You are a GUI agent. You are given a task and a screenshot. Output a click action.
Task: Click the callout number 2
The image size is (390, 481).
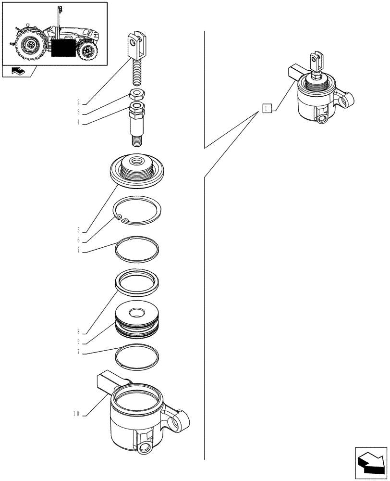(x=78, y=102)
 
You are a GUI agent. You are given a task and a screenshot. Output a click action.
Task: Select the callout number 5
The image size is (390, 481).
(x=78, y=230)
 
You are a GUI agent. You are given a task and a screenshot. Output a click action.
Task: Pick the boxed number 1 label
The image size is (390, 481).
(x=268, y=108)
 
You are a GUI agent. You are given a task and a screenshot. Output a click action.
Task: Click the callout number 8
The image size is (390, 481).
(x=78, y=332)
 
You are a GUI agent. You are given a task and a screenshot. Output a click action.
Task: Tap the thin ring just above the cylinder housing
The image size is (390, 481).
(x=138, y=356)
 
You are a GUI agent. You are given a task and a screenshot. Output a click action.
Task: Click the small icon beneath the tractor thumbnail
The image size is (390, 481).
(x=17, y=72)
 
